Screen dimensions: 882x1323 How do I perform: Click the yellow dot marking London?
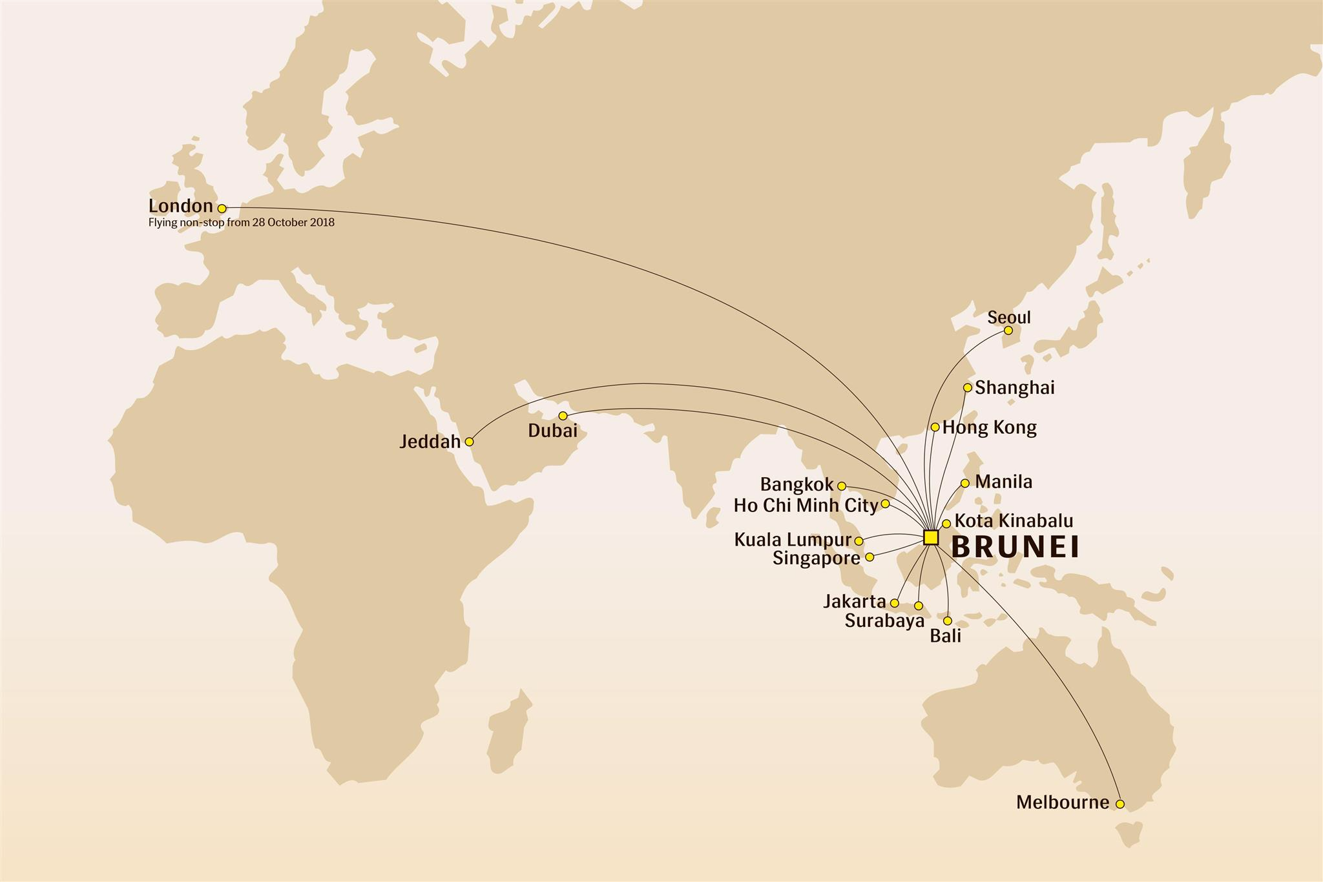(222, 209)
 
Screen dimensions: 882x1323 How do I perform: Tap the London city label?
(180, 206)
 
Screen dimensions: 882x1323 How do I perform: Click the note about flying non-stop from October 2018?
(241, 223)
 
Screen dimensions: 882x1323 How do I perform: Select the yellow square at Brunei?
(931, 537)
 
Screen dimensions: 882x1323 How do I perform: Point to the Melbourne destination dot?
(1120, 804)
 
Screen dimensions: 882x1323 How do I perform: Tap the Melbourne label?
(1062, 803)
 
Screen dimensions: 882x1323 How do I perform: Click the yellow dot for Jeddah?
(469, 442)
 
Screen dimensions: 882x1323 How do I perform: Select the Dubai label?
(552, 431)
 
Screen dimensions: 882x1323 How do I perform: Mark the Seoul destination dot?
(1008, 331)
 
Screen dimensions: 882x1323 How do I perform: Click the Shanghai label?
(1014, 387)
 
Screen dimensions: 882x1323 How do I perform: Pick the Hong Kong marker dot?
(935, 427)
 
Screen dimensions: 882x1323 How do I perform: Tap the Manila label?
(1003, 482)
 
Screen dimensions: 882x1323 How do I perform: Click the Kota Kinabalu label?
(1014, 520)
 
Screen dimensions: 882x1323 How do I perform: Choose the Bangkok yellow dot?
(842, 486)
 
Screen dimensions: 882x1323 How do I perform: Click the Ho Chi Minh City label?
(806, 505)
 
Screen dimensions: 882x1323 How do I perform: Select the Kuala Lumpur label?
(793, 540)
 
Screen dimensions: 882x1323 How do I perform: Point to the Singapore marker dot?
(870, 557)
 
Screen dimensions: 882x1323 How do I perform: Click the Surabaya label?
(884, 621)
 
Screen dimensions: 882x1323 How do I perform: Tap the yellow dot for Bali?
(947, 620)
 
